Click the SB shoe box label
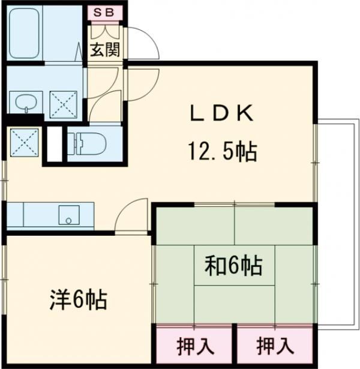point(106,12)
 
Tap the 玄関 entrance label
point(105,49)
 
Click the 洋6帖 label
point(78,298)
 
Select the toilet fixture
point(90,144)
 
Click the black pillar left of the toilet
point(55,143)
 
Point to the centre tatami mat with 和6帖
point(235,265)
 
